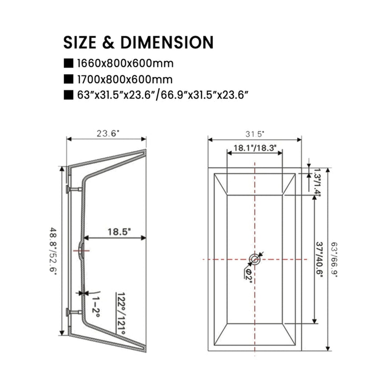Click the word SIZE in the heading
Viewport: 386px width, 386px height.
pyautogui.click(x=80, y=42)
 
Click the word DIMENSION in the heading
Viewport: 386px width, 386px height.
pyautogui.click(x=167, y=42)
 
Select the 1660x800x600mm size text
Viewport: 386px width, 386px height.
pyautogui.click(x=125, y=64)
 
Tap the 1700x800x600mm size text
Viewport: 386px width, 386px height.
pyautogui.click(x=125, y=80)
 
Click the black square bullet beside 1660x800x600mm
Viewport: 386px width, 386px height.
pyautogui.click(x=69, y=64)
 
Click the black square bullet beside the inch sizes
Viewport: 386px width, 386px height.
pyautogui.click(x=69, y=95)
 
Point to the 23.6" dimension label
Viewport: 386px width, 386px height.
pyautogui.click(x=108, y=134)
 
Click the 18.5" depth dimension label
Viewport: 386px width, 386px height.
pyautogui.click(x=119, y=232)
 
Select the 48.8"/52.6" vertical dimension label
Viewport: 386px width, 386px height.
pyautogui.click(x=52, y=249)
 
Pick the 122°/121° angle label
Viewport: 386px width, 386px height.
pyautogui.click(x=121, y=313)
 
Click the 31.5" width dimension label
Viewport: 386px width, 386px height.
pyautogui.click(x=255, y=134)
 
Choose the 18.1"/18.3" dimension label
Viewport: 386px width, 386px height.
pyautogui.click(x=255, y=148)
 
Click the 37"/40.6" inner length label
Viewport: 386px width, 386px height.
pyautogui.click(x=319, y=260)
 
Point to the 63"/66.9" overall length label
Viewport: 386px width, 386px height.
pyautogui.click(x=334, y=260)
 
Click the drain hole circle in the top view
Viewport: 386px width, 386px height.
pyautogui.click(x=255, y=259)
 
